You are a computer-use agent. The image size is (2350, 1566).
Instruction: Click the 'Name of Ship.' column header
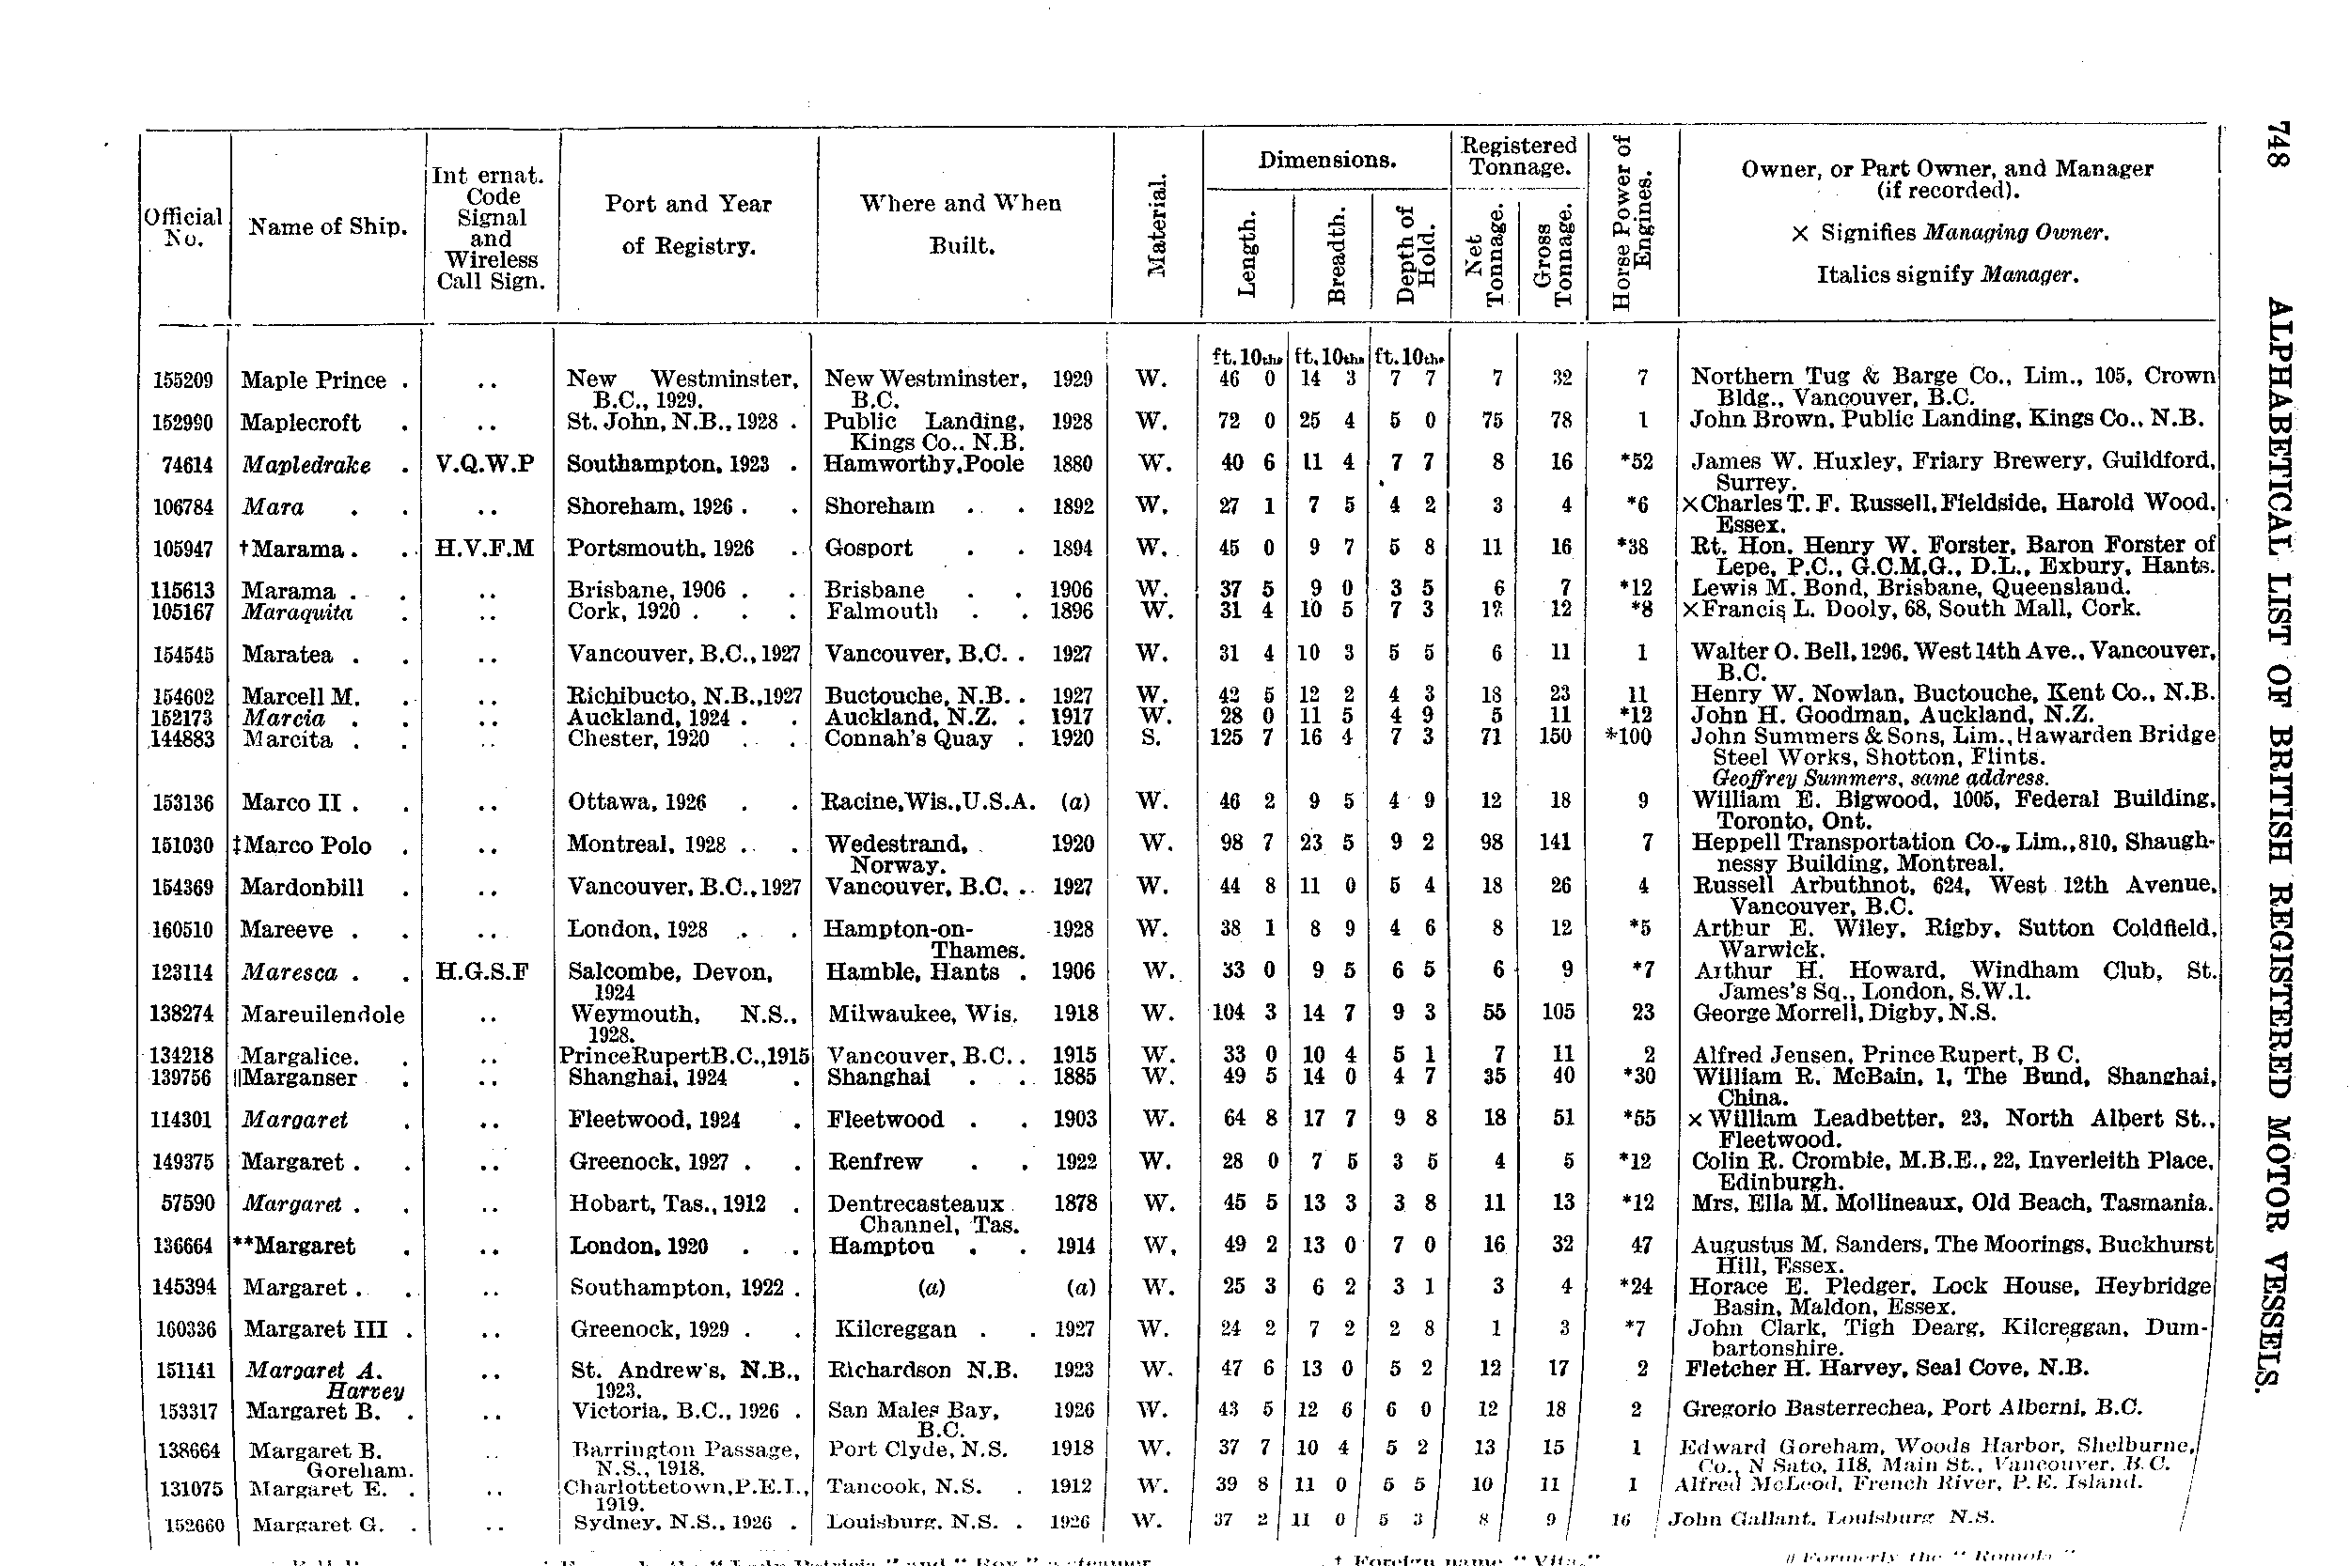[328, 226]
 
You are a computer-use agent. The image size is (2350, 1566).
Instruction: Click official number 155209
[183, 380]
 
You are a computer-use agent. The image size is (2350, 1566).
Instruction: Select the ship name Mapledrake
[306, 465]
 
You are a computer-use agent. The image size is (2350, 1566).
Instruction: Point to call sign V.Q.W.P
[485, 464]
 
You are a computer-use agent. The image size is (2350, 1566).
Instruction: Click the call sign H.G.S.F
[481, 970]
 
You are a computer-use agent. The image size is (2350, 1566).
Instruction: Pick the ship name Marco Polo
[306, 845]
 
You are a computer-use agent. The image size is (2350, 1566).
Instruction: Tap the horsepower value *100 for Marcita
[1629, 737]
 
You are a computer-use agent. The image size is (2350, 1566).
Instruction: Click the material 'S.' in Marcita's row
[1150, 737]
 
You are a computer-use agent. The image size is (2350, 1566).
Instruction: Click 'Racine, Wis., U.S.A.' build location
[930, 801]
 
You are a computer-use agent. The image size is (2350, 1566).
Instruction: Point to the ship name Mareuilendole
[322, 1015]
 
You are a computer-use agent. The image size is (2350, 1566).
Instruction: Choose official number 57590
[188, 1203]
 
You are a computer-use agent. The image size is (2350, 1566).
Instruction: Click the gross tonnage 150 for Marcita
[1555, 737]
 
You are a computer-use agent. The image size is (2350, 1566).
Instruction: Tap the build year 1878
[1075, 1203]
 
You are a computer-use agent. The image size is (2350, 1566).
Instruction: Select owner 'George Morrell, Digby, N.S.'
[1843, 1013]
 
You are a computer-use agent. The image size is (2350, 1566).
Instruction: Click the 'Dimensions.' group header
[1326, 160]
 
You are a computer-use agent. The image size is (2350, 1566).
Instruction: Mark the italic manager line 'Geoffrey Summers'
[1879, 778]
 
